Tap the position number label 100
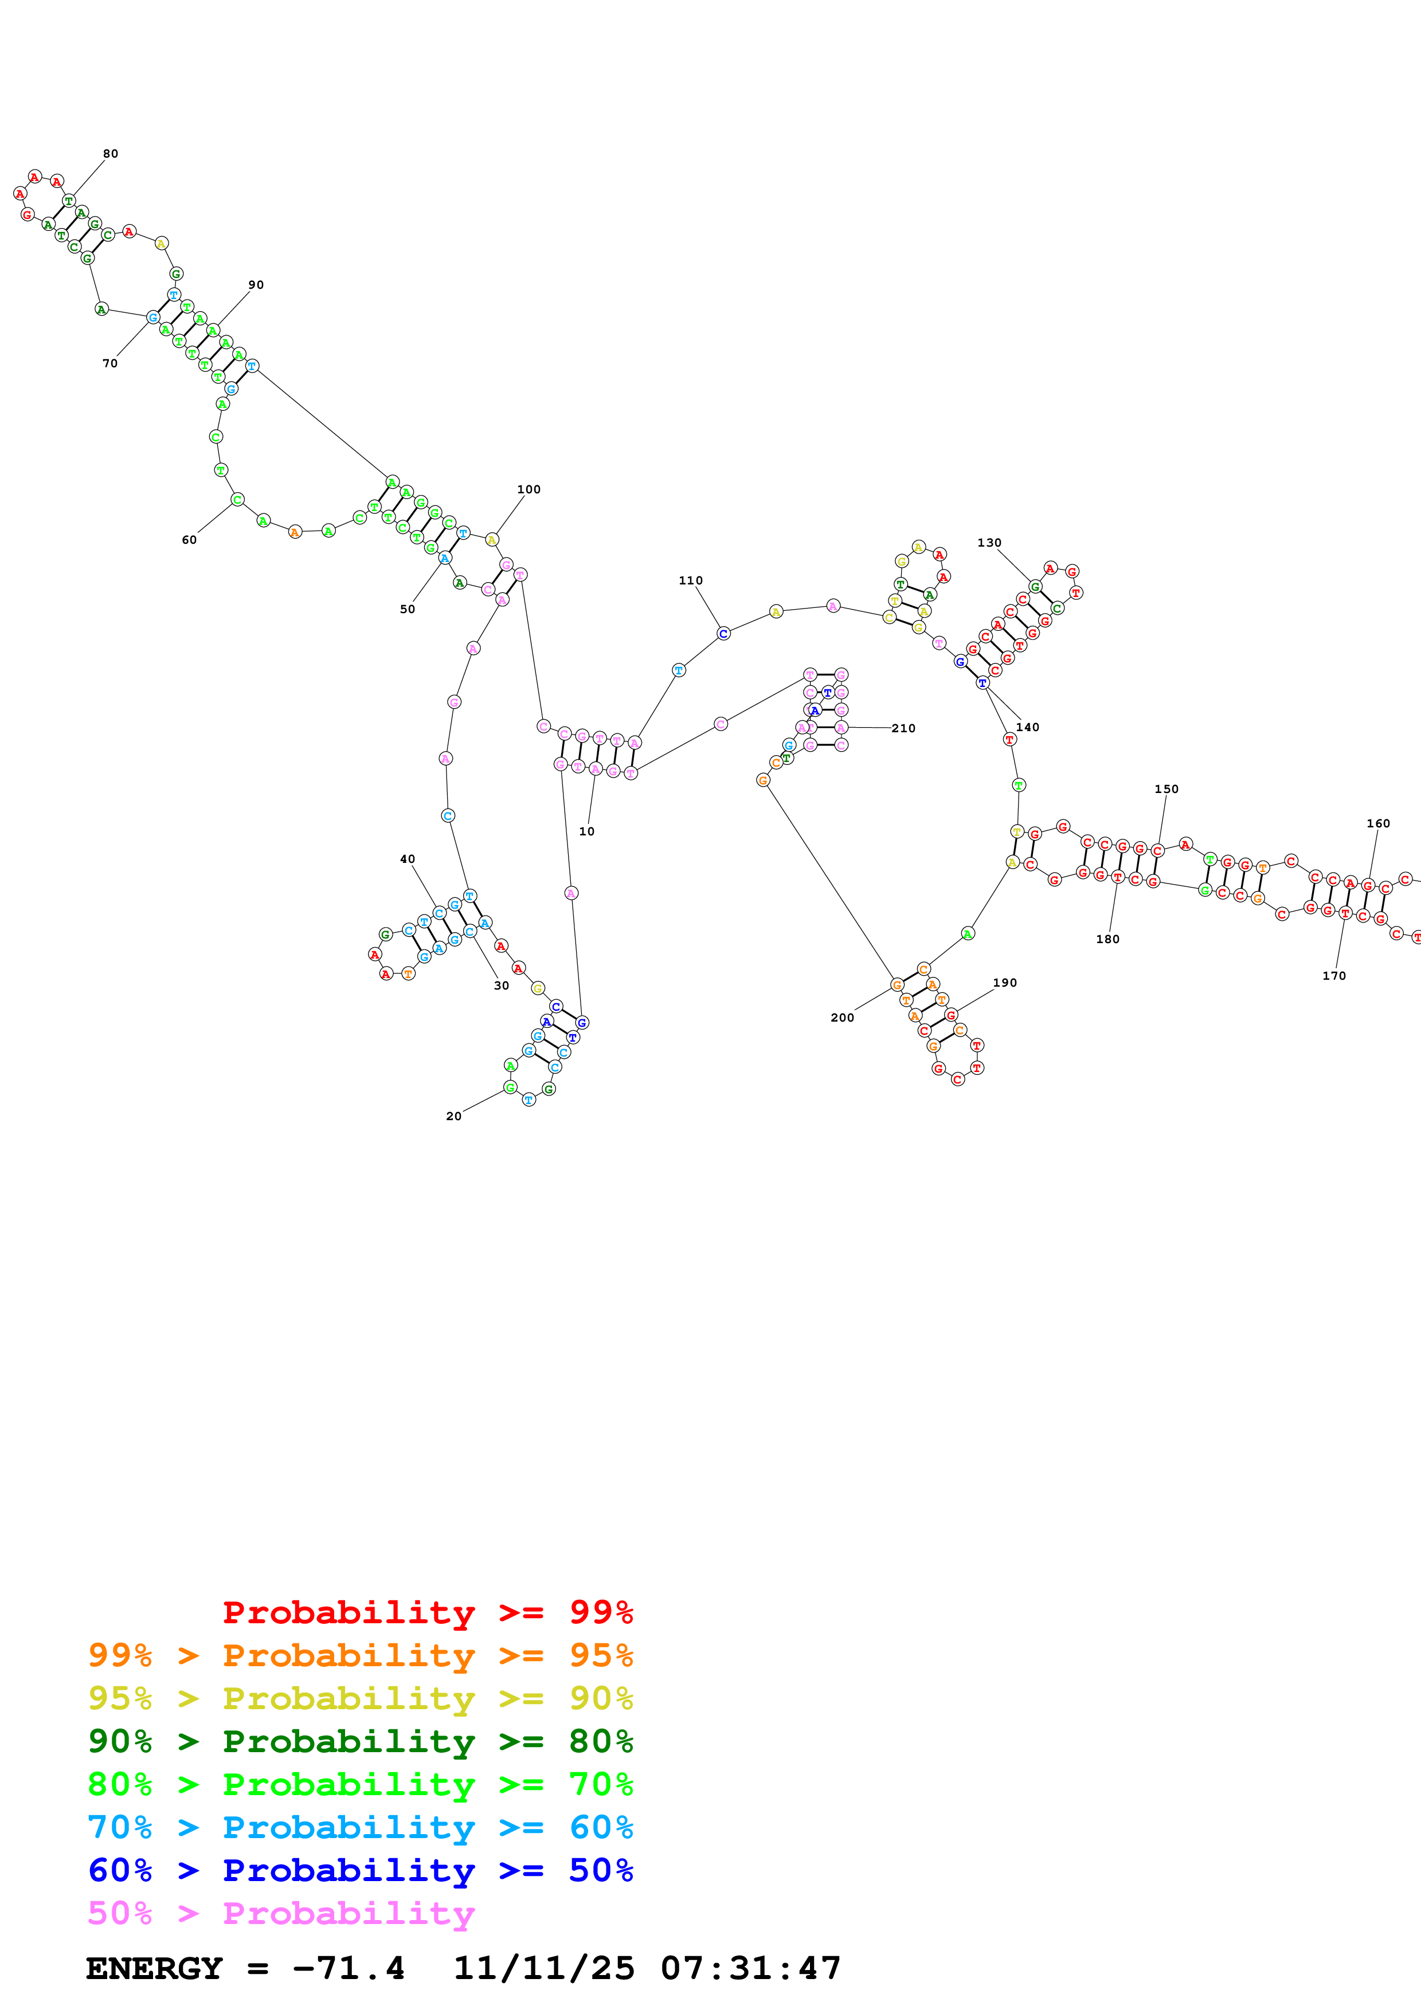529,489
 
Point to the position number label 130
989,543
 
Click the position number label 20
453,1116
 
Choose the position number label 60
189,540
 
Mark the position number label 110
691,580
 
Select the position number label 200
842,1017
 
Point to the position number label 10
586,831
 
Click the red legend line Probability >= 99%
427,1612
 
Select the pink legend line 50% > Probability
281,1913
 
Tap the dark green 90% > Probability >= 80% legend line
360,1741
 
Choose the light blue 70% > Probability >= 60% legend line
360,1827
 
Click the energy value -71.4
349,1968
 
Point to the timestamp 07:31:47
750,1968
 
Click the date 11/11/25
544,1968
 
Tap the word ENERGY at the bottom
154,1968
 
